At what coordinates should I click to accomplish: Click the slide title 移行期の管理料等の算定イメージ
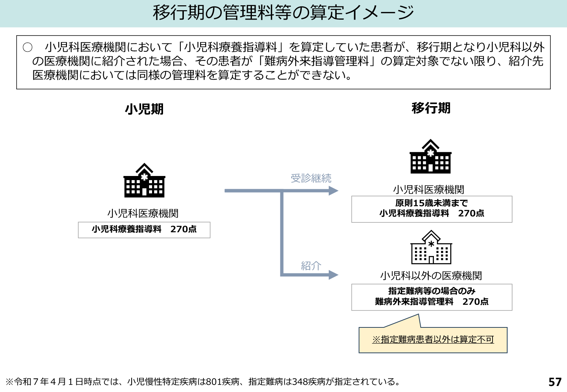(x=283, y=13)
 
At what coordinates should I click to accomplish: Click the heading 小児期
(x=144, y=109)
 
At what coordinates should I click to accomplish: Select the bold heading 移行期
(x=431, y=108)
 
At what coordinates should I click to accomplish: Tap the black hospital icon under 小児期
(x=144, y=181)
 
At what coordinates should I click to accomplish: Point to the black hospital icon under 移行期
(x=430, y=157)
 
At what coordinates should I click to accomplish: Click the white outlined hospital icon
(x=431, y=248)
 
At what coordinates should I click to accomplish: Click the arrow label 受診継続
(x=311, y=178)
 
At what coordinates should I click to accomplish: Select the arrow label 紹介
(x=311, y=266)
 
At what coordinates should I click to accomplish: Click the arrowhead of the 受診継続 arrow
(x=333, y=191)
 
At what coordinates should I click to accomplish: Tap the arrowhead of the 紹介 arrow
(x=333, y=275)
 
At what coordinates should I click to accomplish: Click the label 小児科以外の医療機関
(x=431, y=276)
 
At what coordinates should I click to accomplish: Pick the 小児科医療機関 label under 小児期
(x=143, y=213)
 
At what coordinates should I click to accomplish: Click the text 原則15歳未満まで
(x=431, y=203)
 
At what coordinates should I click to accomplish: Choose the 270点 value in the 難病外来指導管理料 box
(x=475, y=301)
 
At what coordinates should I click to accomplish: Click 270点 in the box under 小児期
(x=183, y=229)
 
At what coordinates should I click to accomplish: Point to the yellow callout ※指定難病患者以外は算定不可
(x=433, y=340)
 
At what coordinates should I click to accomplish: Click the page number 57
(x=555, y=382)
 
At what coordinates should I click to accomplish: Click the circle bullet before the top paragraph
(x=28, y=47)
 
